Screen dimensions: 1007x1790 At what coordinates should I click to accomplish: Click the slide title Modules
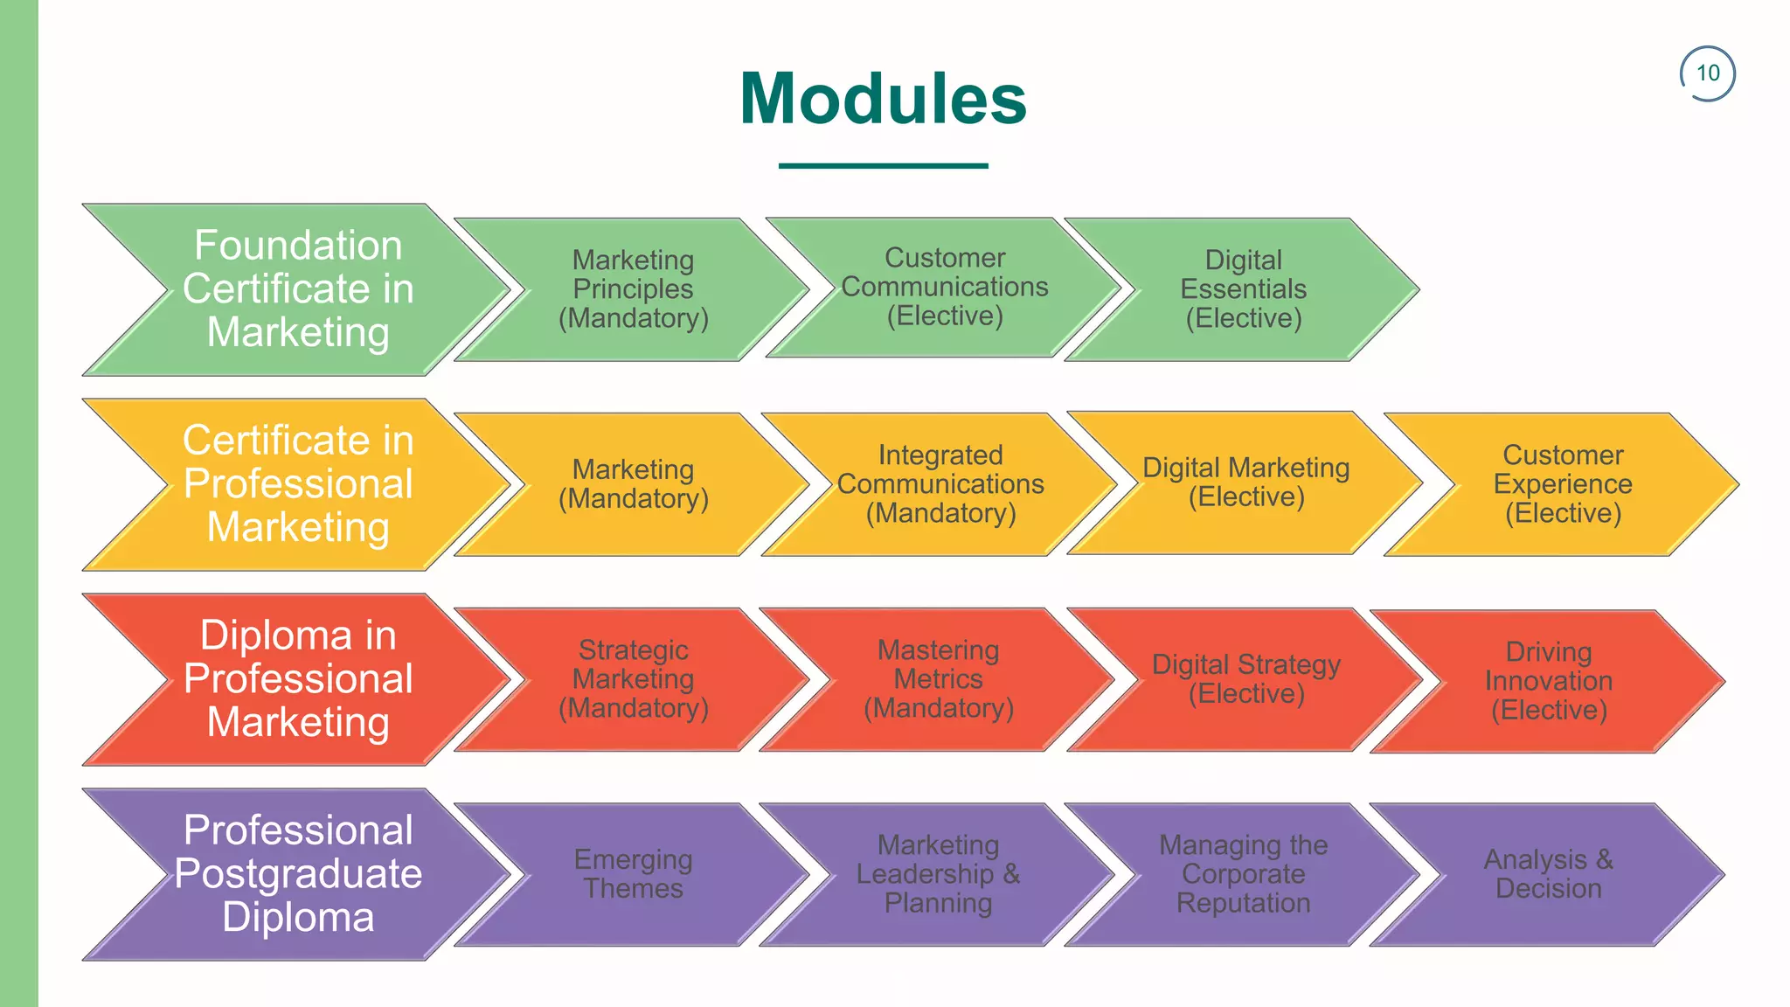(883, 99)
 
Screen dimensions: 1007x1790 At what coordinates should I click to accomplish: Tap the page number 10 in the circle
(1708, 73)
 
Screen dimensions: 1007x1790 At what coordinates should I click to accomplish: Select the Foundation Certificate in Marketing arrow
(298, 289)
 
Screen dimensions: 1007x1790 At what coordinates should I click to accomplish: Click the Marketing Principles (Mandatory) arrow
(634, 289)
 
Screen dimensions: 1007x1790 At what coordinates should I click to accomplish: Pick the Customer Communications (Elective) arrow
(944, 288)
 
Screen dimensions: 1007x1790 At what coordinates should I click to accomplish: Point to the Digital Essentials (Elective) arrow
(1243, 289)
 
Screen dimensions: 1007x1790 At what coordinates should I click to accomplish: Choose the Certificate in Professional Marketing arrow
(298, 484)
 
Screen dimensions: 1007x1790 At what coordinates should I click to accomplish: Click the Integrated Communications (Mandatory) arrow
(940, 484)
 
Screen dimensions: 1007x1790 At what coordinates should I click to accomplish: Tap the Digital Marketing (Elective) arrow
(1245, 483)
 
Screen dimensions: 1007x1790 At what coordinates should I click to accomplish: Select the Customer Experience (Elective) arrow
(1563, 484)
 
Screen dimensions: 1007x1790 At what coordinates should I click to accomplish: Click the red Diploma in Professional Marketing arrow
(298, 679)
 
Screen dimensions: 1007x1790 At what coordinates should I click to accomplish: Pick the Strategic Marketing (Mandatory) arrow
(634, 679)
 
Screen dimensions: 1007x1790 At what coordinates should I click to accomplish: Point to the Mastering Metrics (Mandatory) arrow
(939, 679)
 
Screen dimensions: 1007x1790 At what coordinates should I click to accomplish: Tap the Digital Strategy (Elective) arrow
(1245, 679)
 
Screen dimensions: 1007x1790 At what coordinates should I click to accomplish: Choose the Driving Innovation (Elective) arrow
(1549, 681)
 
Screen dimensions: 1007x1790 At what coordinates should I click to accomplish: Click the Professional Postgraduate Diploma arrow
(298, 874)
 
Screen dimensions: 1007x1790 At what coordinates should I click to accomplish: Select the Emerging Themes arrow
(634, 874)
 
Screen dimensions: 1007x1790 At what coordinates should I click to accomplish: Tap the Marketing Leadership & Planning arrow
(939, 874)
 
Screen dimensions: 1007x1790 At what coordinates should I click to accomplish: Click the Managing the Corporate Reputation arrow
(1243, 874)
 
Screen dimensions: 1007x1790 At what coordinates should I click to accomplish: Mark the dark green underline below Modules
(883, 165)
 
